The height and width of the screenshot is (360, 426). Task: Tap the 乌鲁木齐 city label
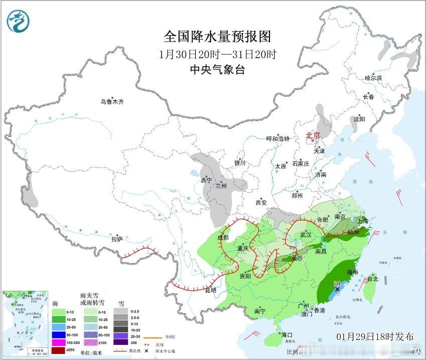pyautogui.click(x=111, y=102)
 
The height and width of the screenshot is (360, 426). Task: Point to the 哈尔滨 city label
pyautogui.click(x=373, y=78)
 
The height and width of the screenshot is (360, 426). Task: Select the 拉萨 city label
pyautogui.click(x=117, y=240)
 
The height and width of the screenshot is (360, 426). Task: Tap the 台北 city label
pyautogui.click(x=372, y=279)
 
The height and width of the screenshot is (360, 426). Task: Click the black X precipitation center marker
pyautogui.click(x=338, y=289)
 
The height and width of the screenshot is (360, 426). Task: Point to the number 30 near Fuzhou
pyautogui.click(x=338, y=283)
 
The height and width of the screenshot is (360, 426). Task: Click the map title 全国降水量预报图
pyautogui.click(x=217, y=37)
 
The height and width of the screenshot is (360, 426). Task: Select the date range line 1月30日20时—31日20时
pyautogui.click(x=217, y=54)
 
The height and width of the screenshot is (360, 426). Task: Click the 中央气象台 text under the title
pyautogui.click(x=217, y=70)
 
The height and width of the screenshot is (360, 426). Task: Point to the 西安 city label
pyautogui.click(x=261, y=203)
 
